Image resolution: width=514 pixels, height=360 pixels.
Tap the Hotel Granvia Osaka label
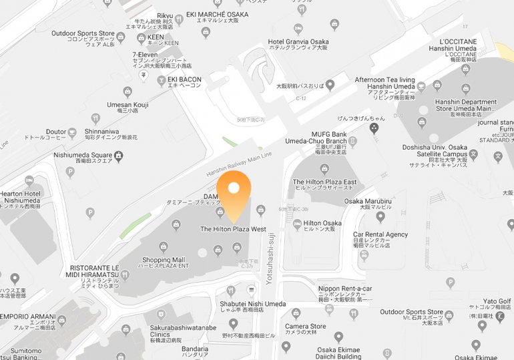[x=298, y=42]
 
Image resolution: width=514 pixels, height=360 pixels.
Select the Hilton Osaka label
[x=322, y=223]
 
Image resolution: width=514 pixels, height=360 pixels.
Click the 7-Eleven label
[x=145, y=55]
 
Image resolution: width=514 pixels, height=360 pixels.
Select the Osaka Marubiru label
[x=367, y=201]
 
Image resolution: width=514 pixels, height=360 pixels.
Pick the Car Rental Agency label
[x=380, y=235]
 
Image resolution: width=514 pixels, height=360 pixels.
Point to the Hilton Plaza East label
[x=324, y=182]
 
